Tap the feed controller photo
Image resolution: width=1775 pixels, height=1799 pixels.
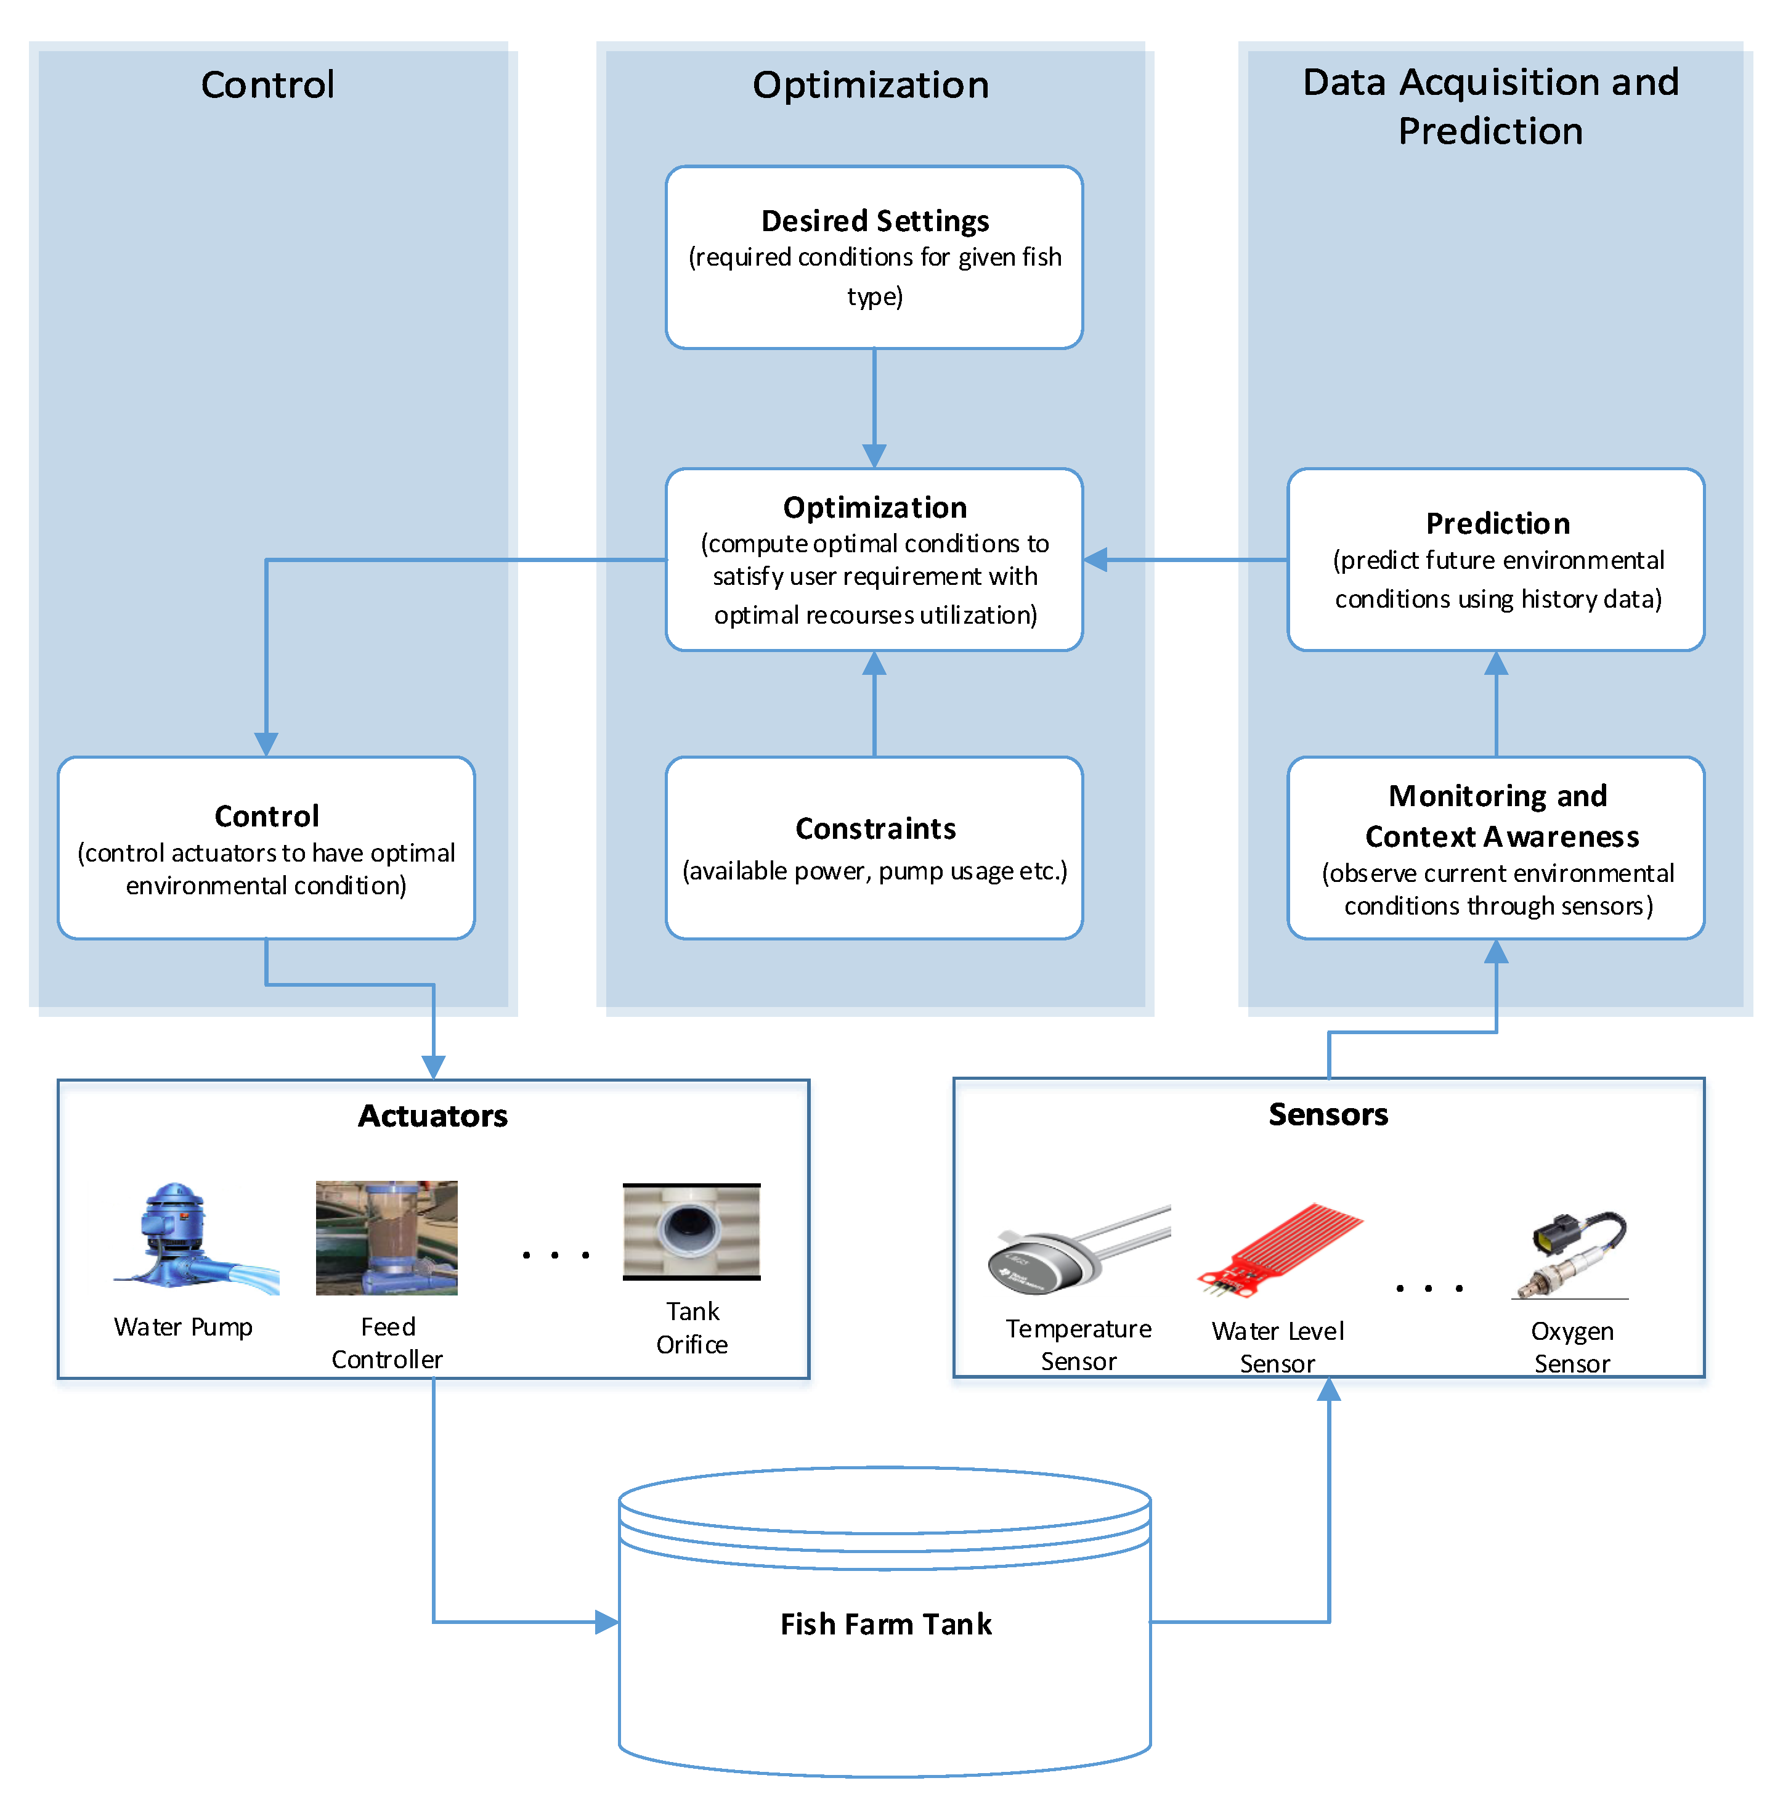(386, 1238)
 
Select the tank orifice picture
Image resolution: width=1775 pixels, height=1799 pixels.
(691, 1231)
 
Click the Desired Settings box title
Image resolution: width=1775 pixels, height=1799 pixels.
(874, 221)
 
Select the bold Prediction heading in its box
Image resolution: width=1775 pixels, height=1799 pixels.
(1497, 523)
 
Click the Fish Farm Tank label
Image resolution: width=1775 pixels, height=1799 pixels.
(885, 1624)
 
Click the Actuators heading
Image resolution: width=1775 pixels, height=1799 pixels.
(433, 1116)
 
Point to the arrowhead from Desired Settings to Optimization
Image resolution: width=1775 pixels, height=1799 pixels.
(874, 455)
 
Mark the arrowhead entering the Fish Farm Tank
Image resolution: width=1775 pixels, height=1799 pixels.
(607, 1622)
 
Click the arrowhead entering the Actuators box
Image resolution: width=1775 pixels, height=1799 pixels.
(433, 1066)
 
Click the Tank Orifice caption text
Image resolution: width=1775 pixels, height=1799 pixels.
(691, 1327)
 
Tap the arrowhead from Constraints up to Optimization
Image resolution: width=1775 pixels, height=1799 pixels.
(874, 664)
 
